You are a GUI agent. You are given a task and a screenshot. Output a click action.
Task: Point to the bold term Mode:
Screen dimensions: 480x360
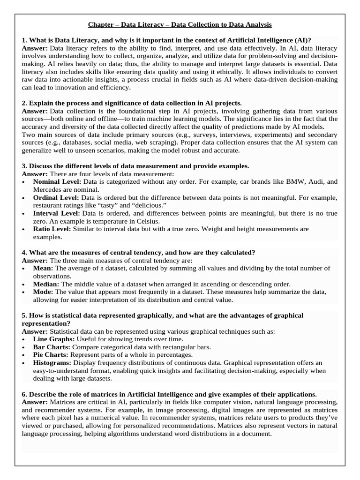43,292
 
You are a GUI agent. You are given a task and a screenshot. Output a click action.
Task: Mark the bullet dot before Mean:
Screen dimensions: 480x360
24,269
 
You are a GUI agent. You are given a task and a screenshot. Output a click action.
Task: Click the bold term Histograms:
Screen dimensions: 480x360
52,363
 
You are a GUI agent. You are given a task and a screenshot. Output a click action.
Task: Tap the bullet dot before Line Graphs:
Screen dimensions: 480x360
24,339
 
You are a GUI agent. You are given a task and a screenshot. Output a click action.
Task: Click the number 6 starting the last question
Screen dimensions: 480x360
24,394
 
